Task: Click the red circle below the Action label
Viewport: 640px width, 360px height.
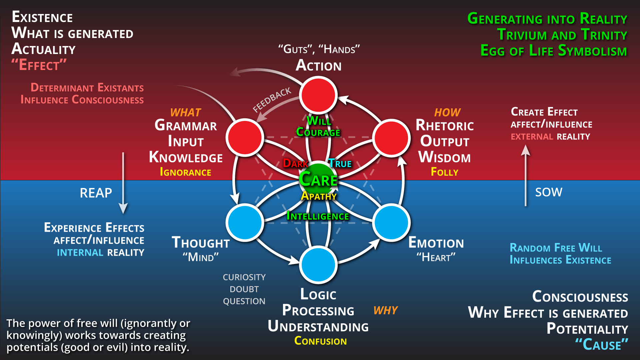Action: point(318,95)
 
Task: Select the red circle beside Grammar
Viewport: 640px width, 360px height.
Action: point(245,137)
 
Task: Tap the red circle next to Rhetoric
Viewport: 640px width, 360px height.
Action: point(391,137)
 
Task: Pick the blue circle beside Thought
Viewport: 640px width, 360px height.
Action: point(245,222)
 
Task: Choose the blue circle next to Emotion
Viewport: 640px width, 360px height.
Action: point(391,222)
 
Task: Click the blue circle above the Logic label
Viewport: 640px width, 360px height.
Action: point(318,265)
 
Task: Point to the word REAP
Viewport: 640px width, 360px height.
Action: point(96,193)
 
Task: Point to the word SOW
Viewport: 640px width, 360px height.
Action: point(548,192)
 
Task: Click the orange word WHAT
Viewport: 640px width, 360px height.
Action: point(185,113)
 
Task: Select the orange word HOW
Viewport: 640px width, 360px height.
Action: point(447,113)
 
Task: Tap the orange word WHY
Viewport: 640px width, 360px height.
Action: point(385,311)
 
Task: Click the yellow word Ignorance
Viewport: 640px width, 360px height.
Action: point(185,172)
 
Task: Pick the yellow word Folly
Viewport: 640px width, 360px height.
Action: point(444,172)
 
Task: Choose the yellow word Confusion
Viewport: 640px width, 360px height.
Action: point(320,341)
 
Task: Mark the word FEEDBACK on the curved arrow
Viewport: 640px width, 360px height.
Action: point(272,100)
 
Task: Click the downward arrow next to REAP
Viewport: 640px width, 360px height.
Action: point(123,183)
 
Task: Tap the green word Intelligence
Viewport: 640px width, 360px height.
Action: point(318,216)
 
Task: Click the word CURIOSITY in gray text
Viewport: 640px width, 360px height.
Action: point(244,277)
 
